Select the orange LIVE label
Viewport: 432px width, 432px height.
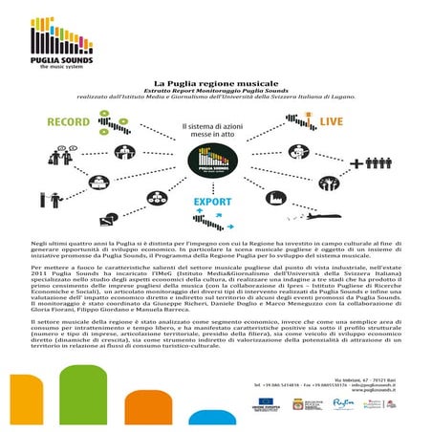coord(359,123)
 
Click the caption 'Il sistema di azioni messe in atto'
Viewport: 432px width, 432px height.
coord(214,130)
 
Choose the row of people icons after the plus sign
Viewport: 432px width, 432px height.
coord(381,163)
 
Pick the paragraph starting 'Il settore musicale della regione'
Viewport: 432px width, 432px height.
coord(214,339)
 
